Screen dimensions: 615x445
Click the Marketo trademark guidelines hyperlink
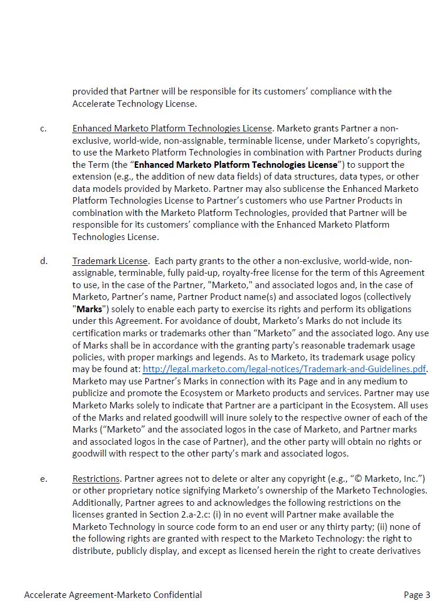(x=284, y=369)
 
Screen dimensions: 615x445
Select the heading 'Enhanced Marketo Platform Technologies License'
(x=172, y=128)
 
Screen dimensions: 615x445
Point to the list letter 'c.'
(x=43, y=129)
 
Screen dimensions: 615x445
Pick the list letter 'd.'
(x=44, y=261)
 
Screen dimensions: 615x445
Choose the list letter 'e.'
(x=44, y=479)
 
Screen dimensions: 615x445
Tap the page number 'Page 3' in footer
(x=417, y=594)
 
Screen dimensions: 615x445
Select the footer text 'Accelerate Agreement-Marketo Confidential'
(x=113, y=594)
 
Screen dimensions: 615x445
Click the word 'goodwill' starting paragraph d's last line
(x=91, y=454)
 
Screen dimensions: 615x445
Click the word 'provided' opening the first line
(x=91, y=92)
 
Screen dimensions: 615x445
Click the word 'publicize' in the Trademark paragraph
(x=91, y=393)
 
